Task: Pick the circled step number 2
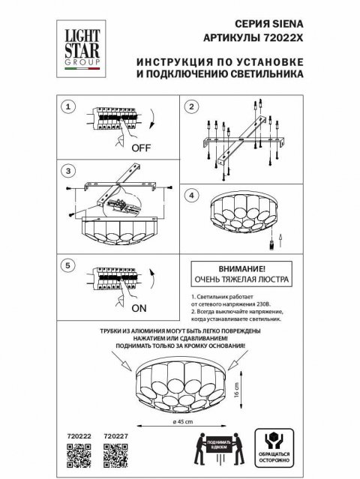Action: tap(191, 107)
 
